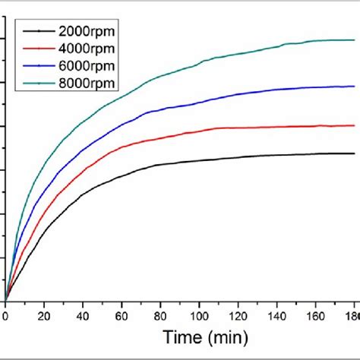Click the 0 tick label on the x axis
click(x=5, y=317)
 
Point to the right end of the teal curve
click(x=354, y=39)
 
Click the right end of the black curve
click(x=354, y=153)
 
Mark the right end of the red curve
click(x=354, y=125)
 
